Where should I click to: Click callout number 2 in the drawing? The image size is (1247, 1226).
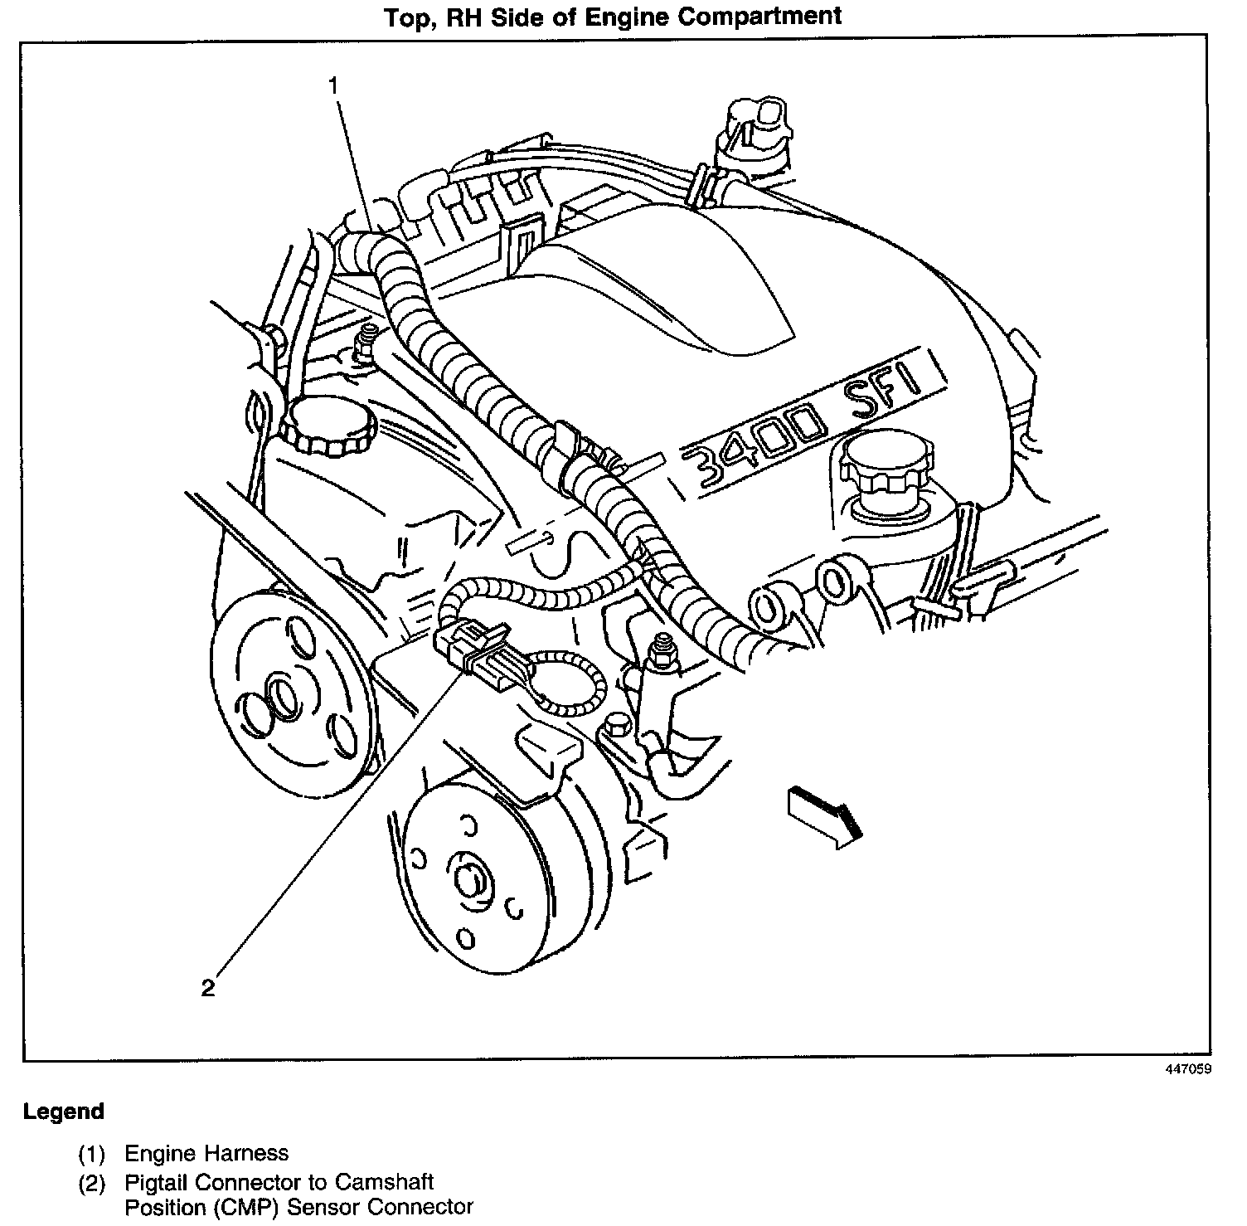[207, 987]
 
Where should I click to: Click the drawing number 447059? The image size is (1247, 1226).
[1188, 1070]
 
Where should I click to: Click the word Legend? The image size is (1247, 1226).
[64, 1112]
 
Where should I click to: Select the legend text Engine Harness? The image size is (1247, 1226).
[206, 1153]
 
